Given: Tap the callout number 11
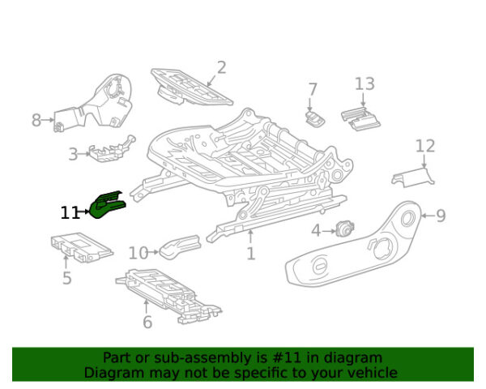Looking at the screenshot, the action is [70, 213].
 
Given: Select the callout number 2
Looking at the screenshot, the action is [221, 68].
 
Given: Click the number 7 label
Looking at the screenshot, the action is [313, 89].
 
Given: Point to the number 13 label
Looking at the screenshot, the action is [364, 83].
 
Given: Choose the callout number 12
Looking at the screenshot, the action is [425, 146].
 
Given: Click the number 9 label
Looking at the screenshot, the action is [441, 215].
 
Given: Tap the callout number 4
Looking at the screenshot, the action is [317, 230].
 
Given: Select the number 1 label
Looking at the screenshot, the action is [251, 254].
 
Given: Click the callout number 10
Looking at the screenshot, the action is [139, 254].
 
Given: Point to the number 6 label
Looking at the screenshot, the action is [147, 322].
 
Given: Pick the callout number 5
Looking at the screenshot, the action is [67, 279].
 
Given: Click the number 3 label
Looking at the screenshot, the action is [73, 152].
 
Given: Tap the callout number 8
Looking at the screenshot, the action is [36, 121].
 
